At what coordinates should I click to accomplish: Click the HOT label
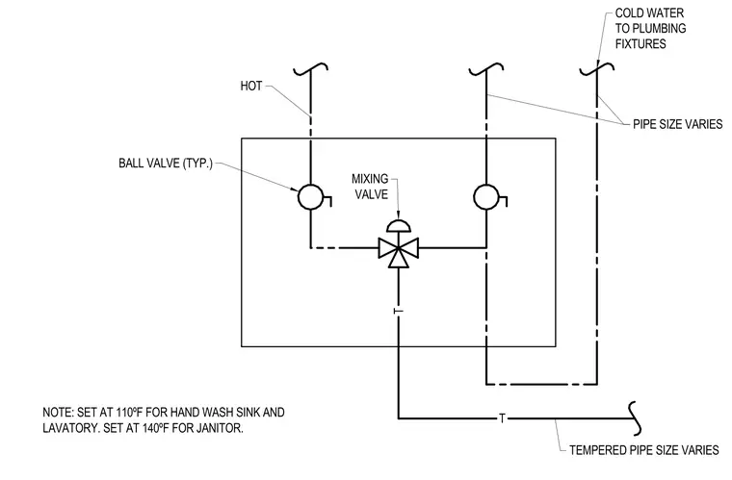click(251, 87)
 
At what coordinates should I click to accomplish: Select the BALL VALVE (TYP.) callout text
click(166, 164)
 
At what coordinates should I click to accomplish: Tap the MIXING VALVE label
click(370, 187)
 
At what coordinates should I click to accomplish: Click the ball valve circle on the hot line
click(310, 197)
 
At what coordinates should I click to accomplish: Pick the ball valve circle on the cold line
click(486, 197)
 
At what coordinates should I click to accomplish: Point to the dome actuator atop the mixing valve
click(399, 225)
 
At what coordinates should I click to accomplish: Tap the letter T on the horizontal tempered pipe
click(503, 418)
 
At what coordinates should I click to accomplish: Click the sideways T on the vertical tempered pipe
click(398, 311)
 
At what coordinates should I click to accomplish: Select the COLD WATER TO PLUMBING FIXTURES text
click(650, 29)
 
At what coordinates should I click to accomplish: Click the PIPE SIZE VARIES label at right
click(677, 124)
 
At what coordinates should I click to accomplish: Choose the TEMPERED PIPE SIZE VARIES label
click(644, 450)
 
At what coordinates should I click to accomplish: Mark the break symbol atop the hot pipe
click(310, 69)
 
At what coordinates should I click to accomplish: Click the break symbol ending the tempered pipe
click(635, 418)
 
